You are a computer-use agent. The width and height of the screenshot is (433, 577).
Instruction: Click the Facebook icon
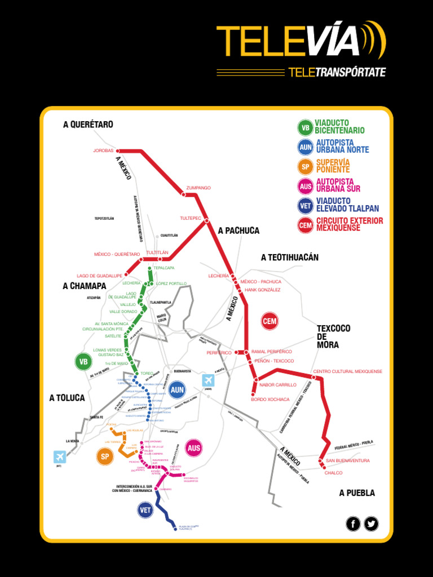click(353, 524)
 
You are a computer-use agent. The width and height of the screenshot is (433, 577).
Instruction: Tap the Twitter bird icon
click(371, 524)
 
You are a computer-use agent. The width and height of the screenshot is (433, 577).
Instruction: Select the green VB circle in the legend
click(305, 127)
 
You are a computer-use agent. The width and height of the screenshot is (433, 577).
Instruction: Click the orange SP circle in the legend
click(305, 166)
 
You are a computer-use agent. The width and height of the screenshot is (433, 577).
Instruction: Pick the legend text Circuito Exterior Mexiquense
click(349, 224)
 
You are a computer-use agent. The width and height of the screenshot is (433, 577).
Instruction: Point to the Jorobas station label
click(103, 151)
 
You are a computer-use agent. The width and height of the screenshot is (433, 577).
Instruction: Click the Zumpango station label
click(198, 188)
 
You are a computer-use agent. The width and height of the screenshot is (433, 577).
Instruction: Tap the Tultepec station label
click(191, 218)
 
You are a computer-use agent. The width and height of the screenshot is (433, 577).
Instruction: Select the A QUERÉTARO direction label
click(88, 125)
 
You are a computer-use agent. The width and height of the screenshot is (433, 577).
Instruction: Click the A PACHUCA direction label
click(238, 230)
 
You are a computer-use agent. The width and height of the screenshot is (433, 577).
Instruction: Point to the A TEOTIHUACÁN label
click(290, 258)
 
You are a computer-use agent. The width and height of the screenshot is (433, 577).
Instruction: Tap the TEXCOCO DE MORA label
click(333, 336)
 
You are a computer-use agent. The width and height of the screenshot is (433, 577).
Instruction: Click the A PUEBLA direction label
click(357, 493)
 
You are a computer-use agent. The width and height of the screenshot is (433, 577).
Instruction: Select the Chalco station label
click(333, 473)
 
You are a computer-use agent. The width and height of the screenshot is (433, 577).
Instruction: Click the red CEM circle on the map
click(269, 321)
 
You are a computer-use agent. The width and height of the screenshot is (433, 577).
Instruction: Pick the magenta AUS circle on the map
click(194, 448)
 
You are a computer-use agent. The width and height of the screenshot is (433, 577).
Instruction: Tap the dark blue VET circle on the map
click(145, 510)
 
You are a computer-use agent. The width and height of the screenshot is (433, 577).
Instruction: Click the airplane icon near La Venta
click(59, 456)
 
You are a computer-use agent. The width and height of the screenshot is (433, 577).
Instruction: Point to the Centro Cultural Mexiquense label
click(347, 372)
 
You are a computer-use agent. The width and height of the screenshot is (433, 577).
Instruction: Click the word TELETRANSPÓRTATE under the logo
click(337, 72)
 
